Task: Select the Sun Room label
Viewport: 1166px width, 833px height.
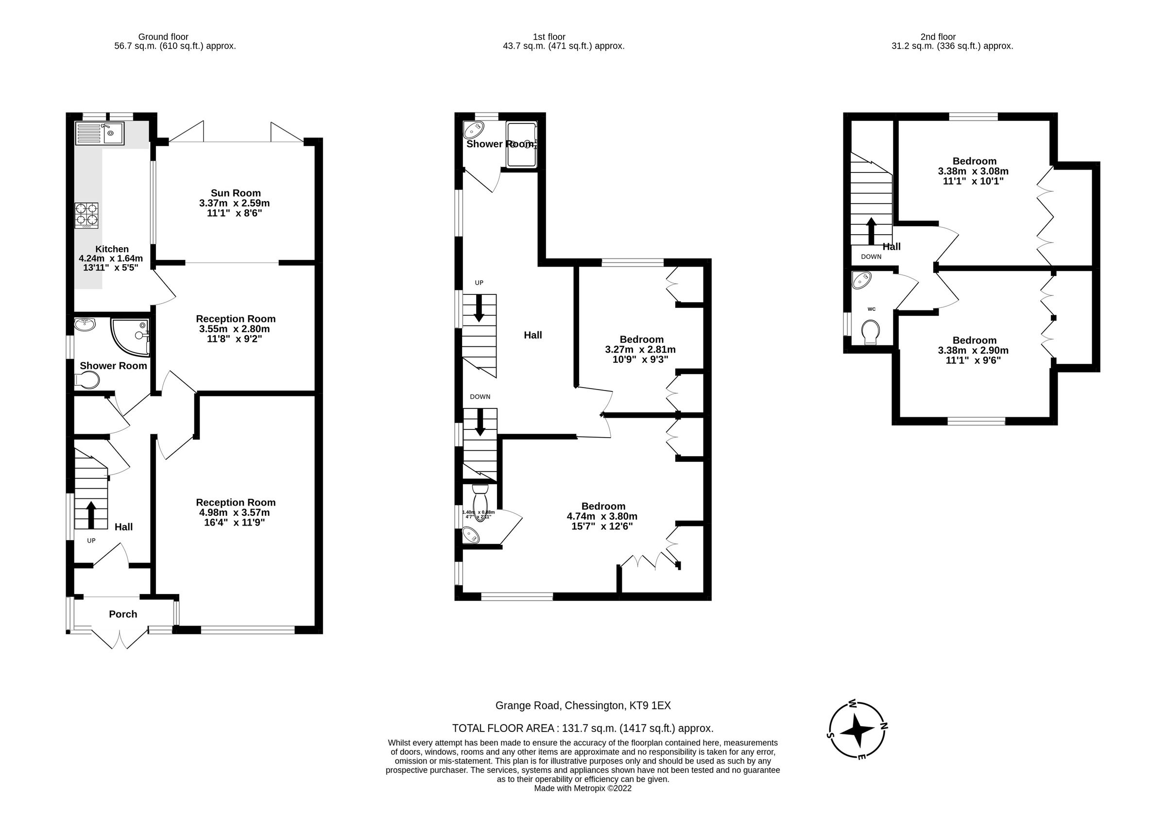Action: coord(236,193)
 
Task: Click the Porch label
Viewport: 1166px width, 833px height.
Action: coord(123,614)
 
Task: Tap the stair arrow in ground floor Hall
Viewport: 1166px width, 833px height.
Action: coord(91,514)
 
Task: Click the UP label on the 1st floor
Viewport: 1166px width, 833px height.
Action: coord(479,283)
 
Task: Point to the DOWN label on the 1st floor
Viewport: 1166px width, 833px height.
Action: coord(480,396)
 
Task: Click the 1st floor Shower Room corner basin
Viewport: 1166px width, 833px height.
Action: coord(473,130)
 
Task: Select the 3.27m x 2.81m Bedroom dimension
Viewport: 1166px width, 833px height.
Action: coord(640,349)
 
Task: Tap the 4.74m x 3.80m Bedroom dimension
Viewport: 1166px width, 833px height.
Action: coord(602,516)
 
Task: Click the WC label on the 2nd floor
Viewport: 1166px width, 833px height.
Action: coord(871,309)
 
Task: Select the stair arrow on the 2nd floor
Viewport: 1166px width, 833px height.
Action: coord(871,231)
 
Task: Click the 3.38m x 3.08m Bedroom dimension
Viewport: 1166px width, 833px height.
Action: coord(973,171)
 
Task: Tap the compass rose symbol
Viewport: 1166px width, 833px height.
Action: coord(857,730)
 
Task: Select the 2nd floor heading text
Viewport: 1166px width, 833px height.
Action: coord(938,37)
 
